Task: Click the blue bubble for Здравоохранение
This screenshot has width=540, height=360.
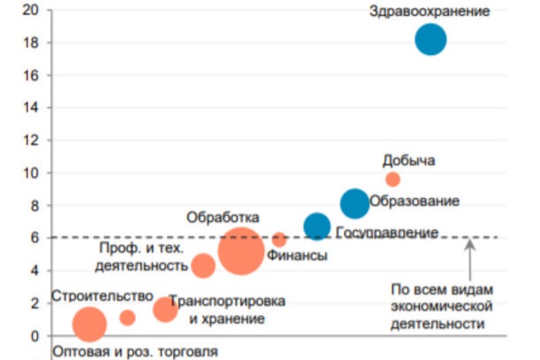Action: (430, 40)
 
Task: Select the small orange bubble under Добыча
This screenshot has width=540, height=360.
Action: (392, 180)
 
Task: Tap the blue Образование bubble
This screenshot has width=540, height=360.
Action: (354, 203)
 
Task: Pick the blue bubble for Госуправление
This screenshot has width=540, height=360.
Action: (317, 226)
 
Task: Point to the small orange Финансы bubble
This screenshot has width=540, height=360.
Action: (279, 239)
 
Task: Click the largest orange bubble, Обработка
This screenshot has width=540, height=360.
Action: (240, 252)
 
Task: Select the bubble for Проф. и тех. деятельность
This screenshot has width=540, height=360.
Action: (203, 265)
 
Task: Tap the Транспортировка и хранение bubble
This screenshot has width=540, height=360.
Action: (165, 310)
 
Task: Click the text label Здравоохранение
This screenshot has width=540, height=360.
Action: (430, 11)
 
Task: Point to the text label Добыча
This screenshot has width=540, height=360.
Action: (408, 160)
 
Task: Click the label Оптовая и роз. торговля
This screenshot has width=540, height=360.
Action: (134, 350)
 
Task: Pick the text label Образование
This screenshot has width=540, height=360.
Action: (414, 202)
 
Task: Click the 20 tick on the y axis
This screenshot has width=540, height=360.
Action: (32, 11)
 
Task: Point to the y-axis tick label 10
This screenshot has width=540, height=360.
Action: (32, 173)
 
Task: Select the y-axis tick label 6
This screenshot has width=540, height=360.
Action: (35, 238)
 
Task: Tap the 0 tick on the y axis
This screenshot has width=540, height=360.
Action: (35, 336)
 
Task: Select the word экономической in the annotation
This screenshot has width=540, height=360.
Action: (440, 306)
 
